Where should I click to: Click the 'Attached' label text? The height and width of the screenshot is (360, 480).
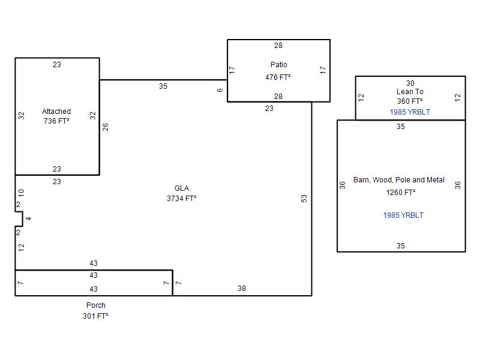click(x=56, y=112)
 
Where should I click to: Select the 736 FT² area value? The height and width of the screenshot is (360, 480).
click(x=56, y=121)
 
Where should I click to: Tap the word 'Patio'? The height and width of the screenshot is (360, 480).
click(x=278, y=65)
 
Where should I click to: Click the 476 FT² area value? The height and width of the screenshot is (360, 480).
click(x=278, y=77)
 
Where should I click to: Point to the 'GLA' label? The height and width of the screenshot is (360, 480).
click(x=182, y=188)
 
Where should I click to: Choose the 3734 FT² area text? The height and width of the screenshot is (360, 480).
click(x=182, y=198)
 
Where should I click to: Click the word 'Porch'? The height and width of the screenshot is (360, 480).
click(x=95, y=305)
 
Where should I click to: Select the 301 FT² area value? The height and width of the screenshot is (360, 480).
click(x=95, y=316)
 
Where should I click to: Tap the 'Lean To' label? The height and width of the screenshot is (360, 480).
click(x=410, y=92)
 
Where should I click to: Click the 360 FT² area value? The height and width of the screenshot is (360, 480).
click(x=410, y=101)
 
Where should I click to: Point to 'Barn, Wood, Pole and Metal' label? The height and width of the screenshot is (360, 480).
click(x=399, y=180)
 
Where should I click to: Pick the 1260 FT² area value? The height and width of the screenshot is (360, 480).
click(x=401, y=193)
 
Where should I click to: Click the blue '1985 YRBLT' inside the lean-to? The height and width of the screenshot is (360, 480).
click(x=410, y=112)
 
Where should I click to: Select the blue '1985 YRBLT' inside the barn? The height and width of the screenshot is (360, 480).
click(x=403, y=215)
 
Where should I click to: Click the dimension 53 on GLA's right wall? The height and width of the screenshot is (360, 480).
click(x=304, y=198)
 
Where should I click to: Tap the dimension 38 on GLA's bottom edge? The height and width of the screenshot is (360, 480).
click(x=241, y=289)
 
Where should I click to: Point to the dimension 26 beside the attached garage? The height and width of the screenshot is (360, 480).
click(x=106, y=127)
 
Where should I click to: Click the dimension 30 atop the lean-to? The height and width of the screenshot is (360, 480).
click(x=410, y=83)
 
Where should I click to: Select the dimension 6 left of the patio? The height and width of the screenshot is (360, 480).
click(x=220, y=91)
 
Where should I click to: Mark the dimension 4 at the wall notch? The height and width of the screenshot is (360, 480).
click(x=28, y=218)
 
